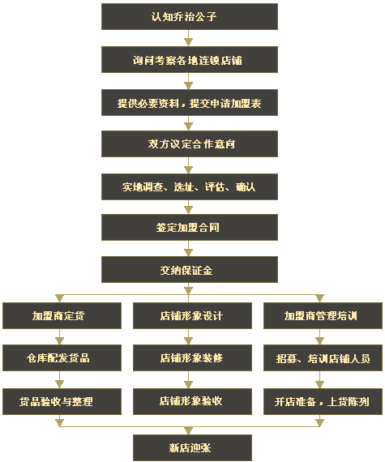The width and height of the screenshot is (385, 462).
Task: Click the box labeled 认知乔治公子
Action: (190, 16)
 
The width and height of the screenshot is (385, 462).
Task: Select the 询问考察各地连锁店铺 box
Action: (190, 59)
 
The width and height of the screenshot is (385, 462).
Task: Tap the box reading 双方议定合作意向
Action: (190, 143)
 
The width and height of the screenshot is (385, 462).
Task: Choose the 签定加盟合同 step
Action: (190, 227)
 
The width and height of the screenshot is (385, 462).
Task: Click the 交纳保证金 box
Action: (190, 270)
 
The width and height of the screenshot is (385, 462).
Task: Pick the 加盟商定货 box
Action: (62, 315)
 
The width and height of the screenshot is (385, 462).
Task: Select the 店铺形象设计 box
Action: (192, 315)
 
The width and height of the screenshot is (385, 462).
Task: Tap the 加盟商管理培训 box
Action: (323, 315)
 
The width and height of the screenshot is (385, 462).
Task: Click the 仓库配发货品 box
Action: (62, 358)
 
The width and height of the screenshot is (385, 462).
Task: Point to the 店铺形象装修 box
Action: (192, 358)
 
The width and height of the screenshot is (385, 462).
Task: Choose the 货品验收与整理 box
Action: (62, 401)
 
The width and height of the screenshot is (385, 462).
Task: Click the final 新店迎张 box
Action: (192, 447)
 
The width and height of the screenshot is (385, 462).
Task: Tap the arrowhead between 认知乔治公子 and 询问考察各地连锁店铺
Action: (188, 42)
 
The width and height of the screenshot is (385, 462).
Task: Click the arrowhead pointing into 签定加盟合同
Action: (188, 210)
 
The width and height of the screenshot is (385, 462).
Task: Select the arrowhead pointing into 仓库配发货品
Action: (59, 341)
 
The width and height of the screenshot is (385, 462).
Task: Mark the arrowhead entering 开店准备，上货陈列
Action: (319, 384)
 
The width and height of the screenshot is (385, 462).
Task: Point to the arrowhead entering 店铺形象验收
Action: (188, 384)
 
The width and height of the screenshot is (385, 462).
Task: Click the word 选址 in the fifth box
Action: (183, 186)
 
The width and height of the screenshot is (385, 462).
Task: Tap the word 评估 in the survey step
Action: (215, 186)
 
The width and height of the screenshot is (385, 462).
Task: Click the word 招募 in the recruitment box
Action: (286, 358)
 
